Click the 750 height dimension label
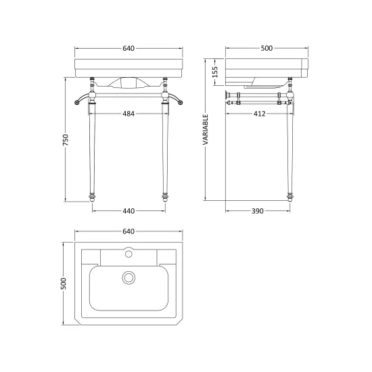[x=66, y=140]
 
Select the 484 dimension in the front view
[x=129, y=114]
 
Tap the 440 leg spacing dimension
[x=129, y=211]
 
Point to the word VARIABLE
[x=206, y=130]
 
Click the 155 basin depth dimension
[x=214, y=72]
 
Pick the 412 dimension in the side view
[x=260, y=114]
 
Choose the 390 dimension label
[x=258, y=211]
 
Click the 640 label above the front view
[x=129, y=49]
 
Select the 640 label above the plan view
[x=129, y=231]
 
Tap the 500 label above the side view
[x=266, y=49]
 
